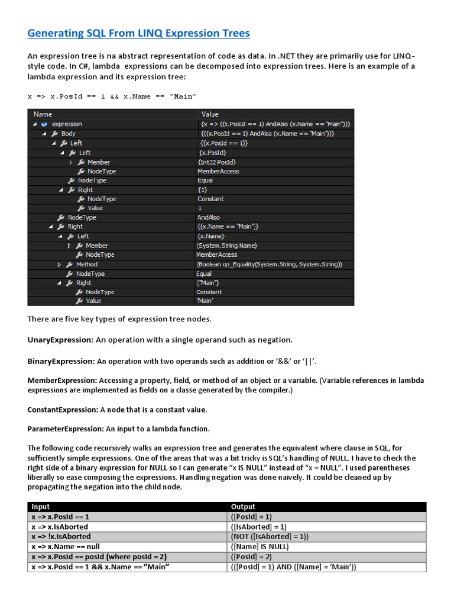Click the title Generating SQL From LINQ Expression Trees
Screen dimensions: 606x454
pos(138,33)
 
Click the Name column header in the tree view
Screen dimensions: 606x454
pos(43,114)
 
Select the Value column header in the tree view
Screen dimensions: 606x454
pos(210,114)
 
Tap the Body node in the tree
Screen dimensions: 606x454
pos(68,134)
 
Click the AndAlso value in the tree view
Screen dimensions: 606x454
pos(208,217)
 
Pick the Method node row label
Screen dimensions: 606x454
pos(86,264)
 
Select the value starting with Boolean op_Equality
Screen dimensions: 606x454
pos(269,264)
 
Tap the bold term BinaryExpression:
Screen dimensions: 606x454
pos(61,360)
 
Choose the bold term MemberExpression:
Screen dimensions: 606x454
pos(62,380)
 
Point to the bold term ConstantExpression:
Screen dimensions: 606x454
pos(63,410)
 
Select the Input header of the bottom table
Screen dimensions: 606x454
pos(41,507)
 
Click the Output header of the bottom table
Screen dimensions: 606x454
pos(243,507)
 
